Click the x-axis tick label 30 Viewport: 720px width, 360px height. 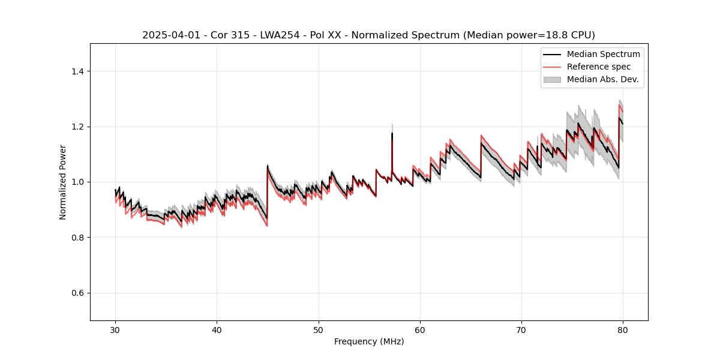pyautogui.click(x=116, y=329)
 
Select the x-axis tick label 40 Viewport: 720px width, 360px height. pyautogui.click(x=217, y=329)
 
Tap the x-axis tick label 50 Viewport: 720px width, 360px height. pyautogui.click(x=319, y=329)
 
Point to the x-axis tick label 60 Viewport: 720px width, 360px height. pyautogui.click(x=420, y=329)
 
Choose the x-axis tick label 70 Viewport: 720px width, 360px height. pyautogui.click(x=521, y=329)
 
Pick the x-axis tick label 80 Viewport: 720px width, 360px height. pyautogui.click(x=623, y=329)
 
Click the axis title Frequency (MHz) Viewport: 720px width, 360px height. pyautogui.click(x=369, y=341)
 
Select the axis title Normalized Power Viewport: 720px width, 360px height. pyautogui.click(x=63, y=182)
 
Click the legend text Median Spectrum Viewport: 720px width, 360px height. pyautogui.click(x=603, y=54)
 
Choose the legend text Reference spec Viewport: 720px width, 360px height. pyautogui.click(x=599, y=67)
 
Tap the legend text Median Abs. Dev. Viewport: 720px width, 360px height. pyautogui.click(x=602, y=79)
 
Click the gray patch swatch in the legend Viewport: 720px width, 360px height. pyautogui.click(x=552, y=79)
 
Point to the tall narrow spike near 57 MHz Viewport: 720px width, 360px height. pyautogui.click(x=392, y=135)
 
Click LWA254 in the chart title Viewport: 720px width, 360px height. pyautogui.click(x=275, y=35)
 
